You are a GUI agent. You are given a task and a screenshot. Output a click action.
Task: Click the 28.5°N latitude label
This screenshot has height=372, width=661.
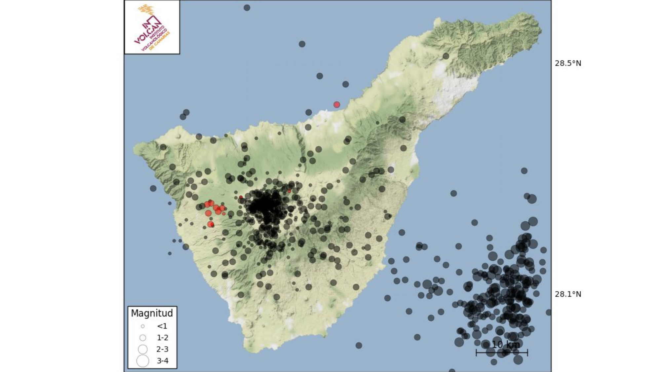(567, 63)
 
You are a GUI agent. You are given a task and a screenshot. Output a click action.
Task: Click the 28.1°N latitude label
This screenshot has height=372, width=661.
(567, 294)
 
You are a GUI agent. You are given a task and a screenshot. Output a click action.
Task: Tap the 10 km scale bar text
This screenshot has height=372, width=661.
(506, 345)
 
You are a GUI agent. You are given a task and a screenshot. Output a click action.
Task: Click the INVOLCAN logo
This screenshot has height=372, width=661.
(152, 28)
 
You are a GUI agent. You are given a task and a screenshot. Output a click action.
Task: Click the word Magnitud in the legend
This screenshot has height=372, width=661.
(152, 313)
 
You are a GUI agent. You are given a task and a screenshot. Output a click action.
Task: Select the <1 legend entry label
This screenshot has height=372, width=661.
(162, 326)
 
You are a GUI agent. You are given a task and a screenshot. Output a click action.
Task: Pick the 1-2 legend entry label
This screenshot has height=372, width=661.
(162, 338)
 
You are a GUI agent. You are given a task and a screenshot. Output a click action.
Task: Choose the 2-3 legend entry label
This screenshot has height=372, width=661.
(162, 349)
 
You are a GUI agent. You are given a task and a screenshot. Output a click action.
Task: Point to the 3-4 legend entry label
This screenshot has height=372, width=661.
(162, 361)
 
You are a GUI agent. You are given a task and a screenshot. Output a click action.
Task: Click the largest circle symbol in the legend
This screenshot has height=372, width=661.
(143, 361)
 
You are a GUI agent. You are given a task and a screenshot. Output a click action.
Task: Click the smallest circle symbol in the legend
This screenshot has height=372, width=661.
(143, 326)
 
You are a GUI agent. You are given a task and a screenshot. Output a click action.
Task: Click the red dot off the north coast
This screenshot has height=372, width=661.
(336, 105)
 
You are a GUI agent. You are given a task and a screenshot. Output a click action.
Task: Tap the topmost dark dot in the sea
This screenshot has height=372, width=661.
(247, 8)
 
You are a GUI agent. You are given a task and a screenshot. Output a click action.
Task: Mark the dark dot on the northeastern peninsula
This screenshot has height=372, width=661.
(446, 56)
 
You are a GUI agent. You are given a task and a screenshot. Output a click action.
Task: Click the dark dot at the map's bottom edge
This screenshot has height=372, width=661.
(452, 371)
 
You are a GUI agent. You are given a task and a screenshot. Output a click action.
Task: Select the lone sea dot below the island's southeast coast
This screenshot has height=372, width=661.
(359, 346)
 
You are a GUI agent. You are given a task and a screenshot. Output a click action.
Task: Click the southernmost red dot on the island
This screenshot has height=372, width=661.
(211, 224)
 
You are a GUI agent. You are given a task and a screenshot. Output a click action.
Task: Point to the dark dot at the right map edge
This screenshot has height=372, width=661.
(549, 312)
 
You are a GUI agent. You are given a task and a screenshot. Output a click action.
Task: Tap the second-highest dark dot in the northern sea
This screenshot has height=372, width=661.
(302, 44)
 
